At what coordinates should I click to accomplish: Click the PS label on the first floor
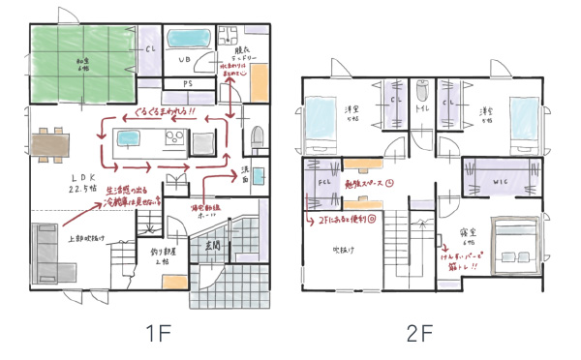click(x=188, y=84)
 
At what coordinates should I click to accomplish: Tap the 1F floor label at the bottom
click(x=158, y=335)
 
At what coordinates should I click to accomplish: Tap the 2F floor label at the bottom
click(x=418, y=335)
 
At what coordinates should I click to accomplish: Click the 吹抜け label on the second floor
click(x=347, y=248)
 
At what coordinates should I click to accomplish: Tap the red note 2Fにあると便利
click(x=344, y=219)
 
